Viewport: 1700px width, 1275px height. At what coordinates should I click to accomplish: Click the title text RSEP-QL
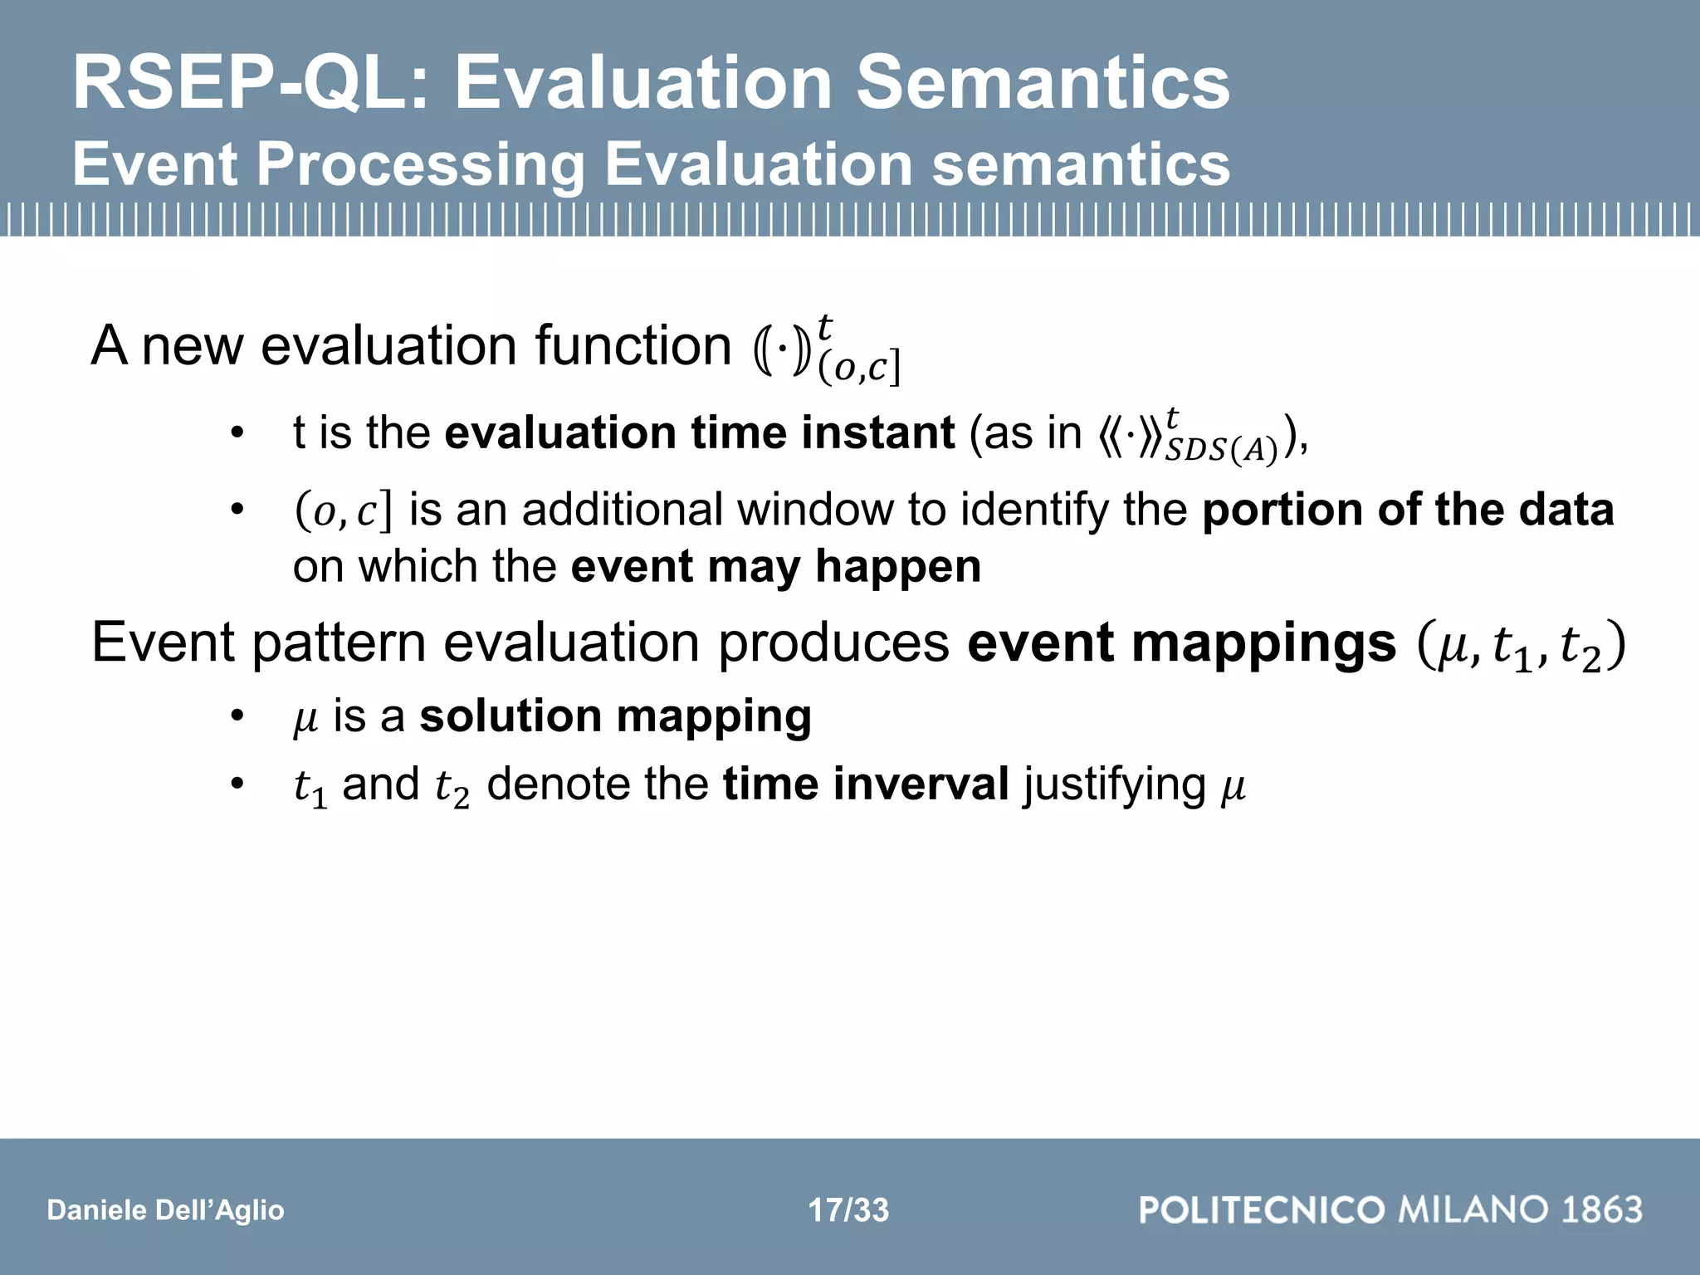pyautogui.click(x=249, y=83)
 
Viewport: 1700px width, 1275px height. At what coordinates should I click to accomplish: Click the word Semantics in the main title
pyautogui.click(x=1043, y=83)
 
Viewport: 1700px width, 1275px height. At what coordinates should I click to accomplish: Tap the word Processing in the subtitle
pyautogui.click(x=419, y=164)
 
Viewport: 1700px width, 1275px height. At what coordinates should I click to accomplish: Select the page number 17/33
pyautogui.click(x=848, y=1210)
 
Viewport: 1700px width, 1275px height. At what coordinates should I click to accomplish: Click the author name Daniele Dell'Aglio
pyautogui.click(x=166, y=1210)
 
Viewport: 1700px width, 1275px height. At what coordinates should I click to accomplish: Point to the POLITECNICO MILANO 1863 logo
pyautogui.click(x=1390, y=1209)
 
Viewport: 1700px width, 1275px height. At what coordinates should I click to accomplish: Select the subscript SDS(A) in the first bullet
pyautogui.click(x=1220, y=450)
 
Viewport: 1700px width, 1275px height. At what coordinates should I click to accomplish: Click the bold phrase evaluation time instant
pyautogui.click(x=699, y=433)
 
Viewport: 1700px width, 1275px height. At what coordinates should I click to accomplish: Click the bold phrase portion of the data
pyautogui.click(x=1408, y=510)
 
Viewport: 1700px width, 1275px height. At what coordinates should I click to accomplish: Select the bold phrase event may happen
pyautogui.click(x=775, y=567)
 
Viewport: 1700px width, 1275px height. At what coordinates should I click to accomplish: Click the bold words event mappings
pyautogui.click(x=1181, y=643)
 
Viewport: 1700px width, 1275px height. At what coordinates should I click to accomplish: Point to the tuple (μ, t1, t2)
pyautogui.click(x=1521, y=646)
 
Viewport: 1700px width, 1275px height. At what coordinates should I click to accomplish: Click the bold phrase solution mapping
pyautogui.click(x=615, y=716)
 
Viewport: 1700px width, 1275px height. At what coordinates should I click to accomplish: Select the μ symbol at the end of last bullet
pyautogui.click(x=1233, y=787)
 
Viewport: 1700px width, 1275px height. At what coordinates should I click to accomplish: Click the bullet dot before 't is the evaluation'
pyautogui.click(x=237, y=433)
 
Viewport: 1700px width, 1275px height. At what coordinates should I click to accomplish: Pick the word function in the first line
pyautogui.click(x=633, y=346)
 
